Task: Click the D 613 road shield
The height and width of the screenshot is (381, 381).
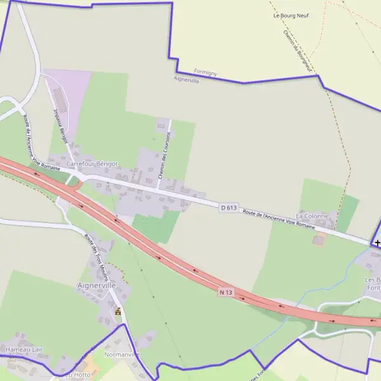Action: pyautogui.click(x=229, y=208)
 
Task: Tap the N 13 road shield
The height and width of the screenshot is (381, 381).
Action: pyautogui.click(x=226, y=292)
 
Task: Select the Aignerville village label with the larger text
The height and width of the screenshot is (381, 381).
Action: pyautogui.click(x=97, y=286)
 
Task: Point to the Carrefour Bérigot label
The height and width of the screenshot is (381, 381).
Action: pyautogui.click(x=92, y=163)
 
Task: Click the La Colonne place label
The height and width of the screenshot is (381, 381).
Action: pyautogui.click(x=312, y=216)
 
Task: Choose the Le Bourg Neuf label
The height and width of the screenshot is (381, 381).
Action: pyautogui.click(x=291, y=15)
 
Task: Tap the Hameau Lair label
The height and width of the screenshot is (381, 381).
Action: pyautogui.click(x=23, y=349)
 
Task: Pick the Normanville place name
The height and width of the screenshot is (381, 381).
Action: pyautogui.click(x=121, y=354)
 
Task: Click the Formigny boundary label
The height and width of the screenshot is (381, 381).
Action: pyautogui.click(x=205, y=73)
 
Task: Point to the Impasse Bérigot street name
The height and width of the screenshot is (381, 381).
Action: pyautogui.click(x=61, y=125)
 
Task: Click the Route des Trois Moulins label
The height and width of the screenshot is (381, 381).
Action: pyautogui.click(x=97, y=258)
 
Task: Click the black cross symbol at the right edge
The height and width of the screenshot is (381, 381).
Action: pyautogui.click(x=377, y=243)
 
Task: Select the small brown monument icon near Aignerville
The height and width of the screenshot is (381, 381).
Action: pyautogui.click(x=117, y=311)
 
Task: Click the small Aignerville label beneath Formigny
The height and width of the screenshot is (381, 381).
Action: pyautogui.click(x=186, y=80)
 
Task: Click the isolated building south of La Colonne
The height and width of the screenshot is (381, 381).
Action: pyautogui.click(x=319, y=240)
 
